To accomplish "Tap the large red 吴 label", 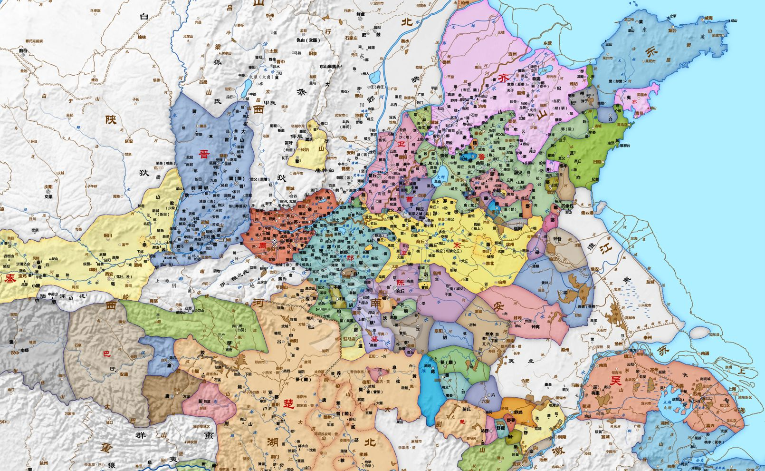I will tap(615, 381).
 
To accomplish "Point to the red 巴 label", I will tap(106, 354).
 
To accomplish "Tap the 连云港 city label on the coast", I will tap(591, 212).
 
